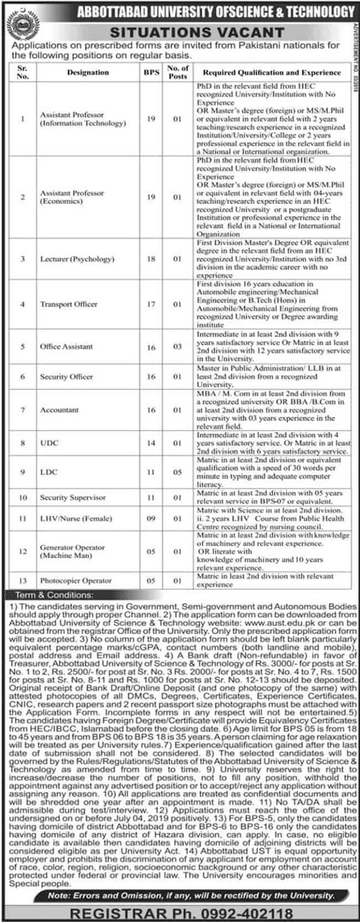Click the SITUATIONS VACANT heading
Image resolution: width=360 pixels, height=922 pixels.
[198, 32]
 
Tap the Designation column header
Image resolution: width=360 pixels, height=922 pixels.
[88, 73]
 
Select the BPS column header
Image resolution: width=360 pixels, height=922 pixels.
[150, 73]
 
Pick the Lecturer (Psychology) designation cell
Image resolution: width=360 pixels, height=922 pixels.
[77, 259]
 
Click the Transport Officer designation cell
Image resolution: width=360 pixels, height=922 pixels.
[69, 304]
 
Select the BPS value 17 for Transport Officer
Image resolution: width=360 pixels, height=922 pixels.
[150, 304]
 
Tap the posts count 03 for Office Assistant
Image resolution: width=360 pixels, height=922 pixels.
[177, 347]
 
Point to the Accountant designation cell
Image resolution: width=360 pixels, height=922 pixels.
[59, 410]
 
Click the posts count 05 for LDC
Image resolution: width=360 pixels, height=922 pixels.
[177, 472]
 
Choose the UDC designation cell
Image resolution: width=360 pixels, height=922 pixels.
[49, 443]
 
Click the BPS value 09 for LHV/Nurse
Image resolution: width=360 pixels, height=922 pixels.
[150, 519]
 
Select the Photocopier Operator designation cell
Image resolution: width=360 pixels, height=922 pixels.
[75, 581]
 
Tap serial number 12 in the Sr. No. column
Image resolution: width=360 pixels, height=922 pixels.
[23, 551]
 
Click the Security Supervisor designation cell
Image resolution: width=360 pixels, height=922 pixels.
[73, 497]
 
